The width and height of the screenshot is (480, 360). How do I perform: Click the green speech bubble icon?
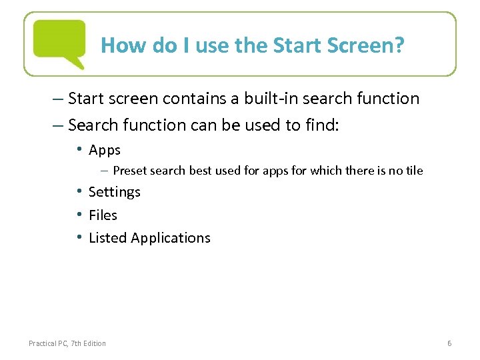point(59,42)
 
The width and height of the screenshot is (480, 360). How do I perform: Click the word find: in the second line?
point(320,125)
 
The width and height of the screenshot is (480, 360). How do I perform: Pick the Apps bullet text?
point(105,150)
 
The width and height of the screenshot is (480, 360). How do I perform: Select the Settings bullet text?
point(115,193)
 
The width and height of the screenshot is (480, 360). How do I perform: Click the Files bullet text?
point(103,215)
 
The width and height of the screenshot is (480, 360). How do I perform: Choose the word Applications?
point(171,239)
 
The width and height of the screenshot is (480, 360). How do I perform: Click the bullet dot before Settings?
point(79,192)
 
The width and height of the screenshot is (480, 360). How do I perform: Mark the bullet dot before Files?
point(79,215)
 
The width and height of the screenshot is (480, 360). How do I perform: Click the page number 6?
point(449,343)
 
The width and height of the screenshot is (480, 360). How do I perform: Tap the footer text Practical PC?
point(48,343)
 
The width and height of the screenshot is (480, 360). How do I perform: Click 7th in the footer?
point(77,343)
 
